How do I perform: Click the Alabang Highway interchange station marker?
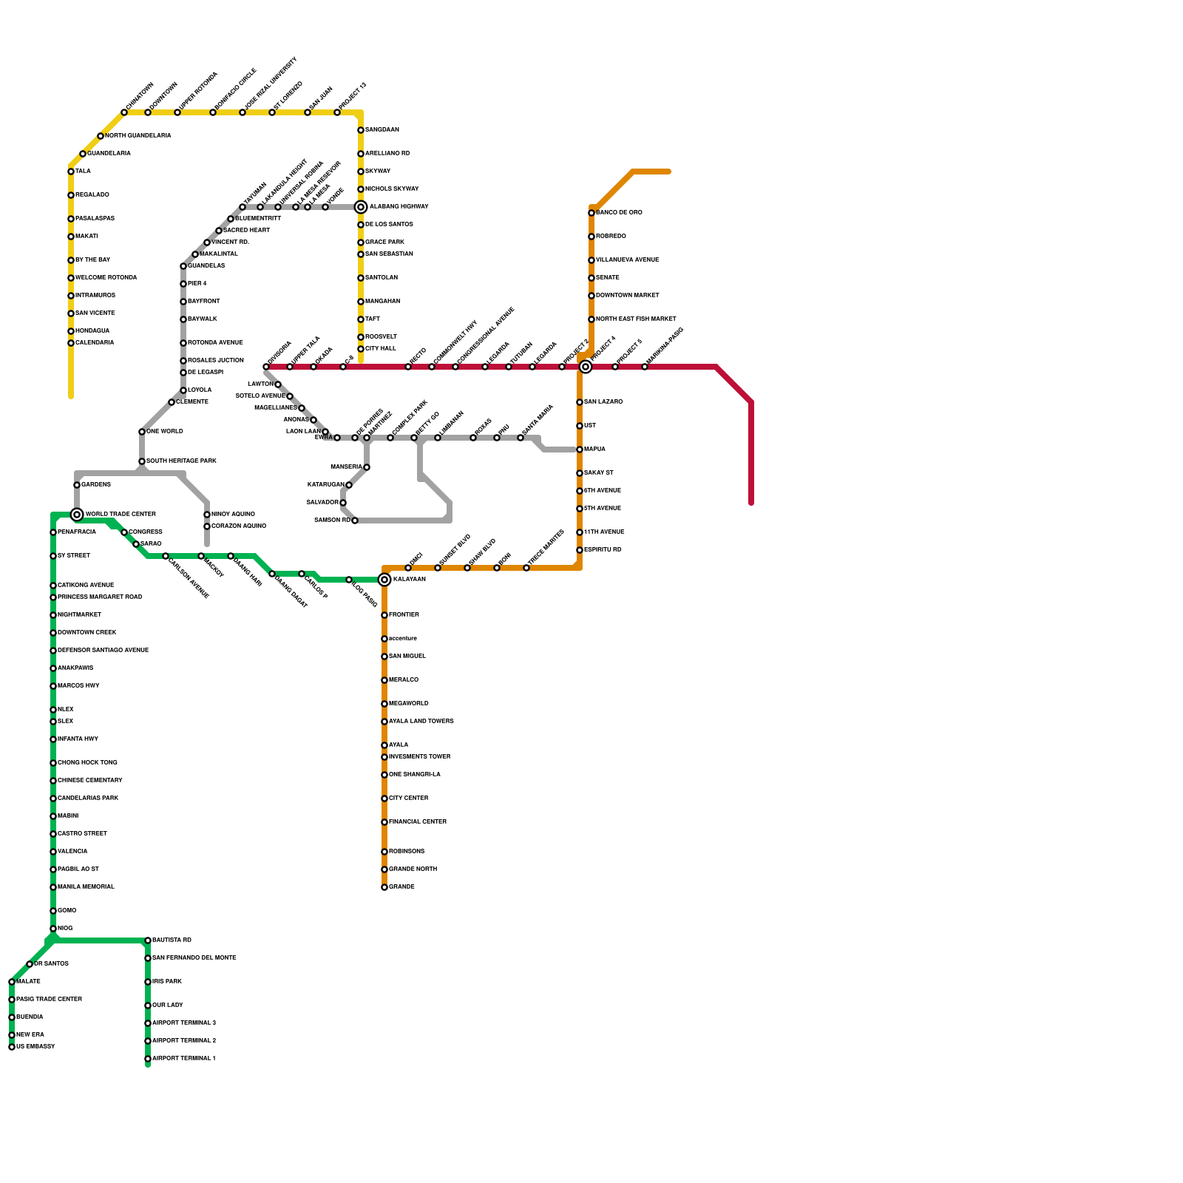(x=361, y=207)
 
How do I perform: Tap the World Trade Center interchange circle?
(x=77, y=515)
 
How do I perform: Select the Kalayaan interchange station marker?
(x=384, y=580)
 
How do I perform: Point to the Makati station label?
(x=87, y=237)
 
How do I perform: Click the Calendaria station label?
(x=95, y=343)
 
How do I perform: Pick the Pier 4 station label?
(x=197, y=284)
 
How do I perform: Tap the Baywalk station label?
(x=202, y=319)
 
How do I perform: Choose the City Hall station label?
(x=381, y=349)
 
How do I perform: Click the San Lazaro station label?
(x=603, y=402)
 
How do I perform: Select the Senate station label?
(x=608, y=278)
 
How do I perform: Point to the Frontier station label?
(x=404, y=615)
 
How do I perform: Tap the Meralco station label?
(x=404, y=680)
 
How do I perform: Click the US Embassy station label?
(x=35, y=1047)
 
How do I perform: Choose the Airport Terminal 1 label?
(x=184, y=1059)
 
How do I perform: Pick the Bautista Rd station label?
(x=172, y=940)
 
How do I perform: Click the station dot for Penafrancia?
(x=53, y=532)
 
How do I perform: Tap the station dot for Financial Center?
(x=384, y=822)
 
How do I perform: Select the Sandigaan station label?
(x=382, y=130)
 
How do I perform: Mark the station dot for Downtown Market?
(x=591, y=296)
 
